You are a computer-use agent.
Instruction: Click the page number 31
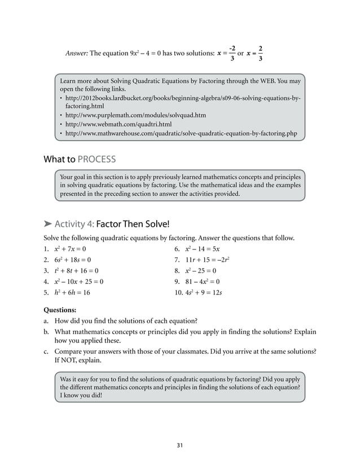point(179,445)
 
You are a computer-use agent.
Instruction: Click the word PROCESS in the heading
point(97,159)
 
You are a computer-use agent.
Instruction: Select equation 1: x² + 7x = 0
point(71,248)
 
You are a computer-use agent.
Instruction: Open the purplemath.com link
point(135,115)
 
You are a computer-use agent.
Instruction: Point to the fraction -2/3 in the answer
point(232,53)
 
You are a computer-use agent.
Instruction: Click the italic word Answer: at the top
point(77,54)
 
